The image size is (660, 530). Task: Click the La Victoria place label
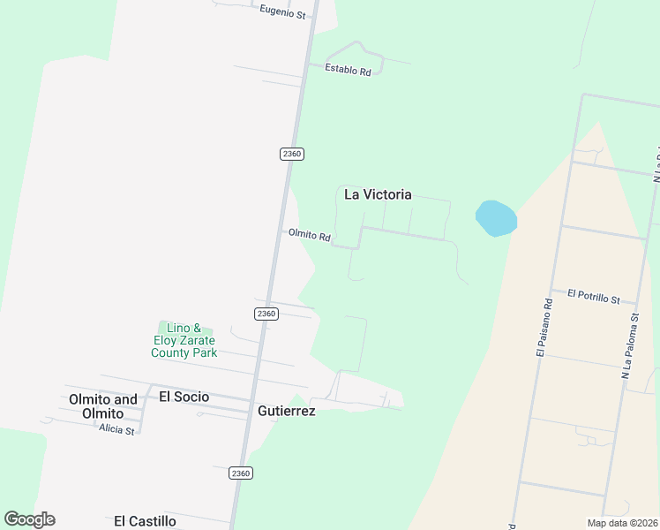click(x=377, y=194)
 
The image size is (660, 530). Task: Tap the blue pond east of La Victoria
click(x=495, y=218)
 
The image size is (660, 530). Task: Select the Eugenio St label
click(x=282, y=14)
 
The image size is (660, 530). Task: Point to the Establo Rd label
click(x=348, y=69)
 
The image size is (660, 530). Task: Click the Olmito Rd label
click(x=309, y=236)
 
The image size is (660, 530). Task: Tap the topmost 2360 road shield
click(x=292, y=154)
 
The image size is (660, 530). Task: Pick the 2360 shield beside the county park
click(x=266, y=314)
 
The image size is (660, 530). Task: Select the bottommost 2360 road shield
click(x=241, y=473)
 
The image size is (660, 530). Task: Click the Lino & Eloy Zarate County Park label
click(x=184, y=340)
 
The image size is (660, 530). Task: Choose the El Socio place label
click(x=184, y=397)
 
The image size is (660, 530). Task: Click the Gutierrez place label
click(x=286, y=411)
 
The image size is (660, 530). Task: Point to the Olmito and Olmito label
click(x=103, y=406)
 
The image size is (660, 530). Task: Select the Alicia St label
click(x=116, y=430)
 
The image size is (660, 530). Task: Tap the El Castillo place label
click(x=145, y=521)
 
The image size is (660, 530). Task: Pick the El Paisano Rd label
click(x=543, y=327)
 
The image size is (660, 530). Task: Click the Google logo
click(x=29, y=519)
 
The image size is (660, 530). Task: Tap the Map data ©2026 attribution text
click(x=621, y=523)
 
